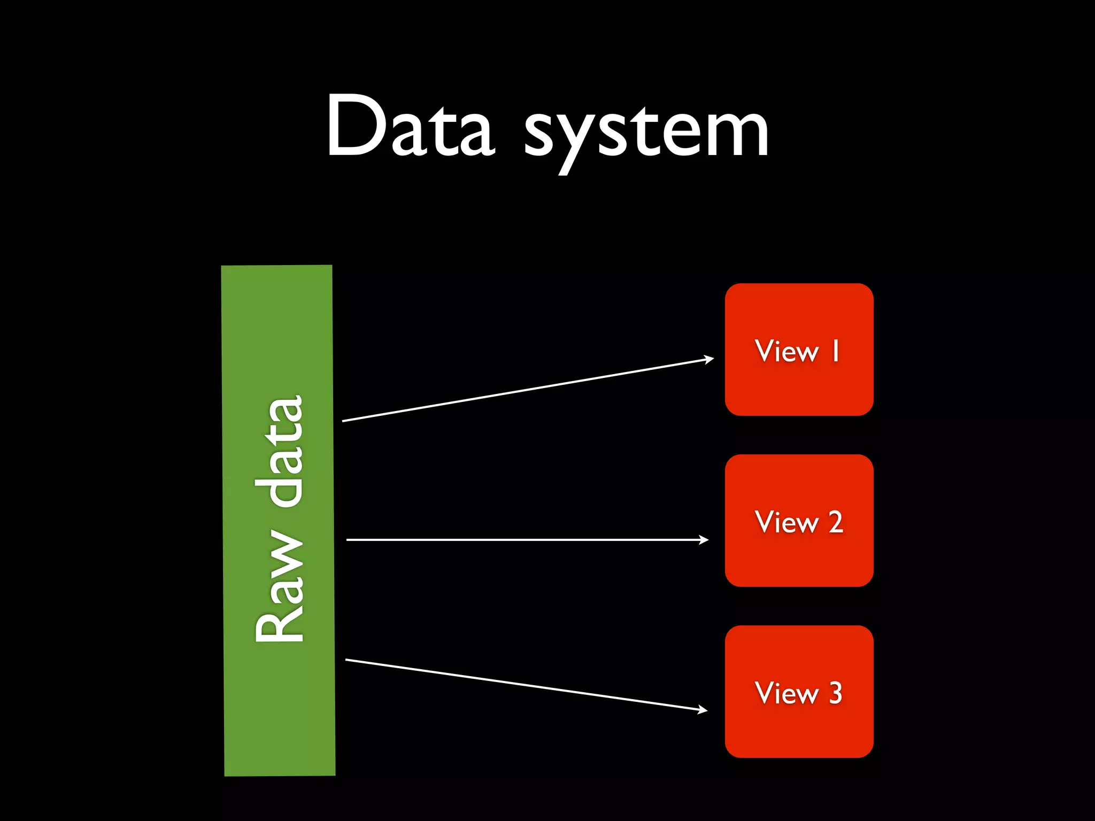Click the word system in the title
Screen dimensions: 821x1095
[646, 131]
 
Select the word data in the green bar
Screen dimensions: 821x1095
[283, 452]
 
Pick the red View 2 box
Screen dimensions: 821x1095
[799, 556]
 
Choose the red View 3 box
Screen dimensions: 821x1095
[799, 727]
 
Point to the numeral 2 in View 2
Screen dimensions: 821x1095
[836, 522]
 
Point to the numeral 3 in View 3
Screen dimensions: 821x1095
[836, 693]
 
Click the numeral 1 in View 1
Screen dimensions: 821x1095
[835, 351]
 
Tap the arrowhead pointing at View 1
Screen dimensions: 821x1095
[710, 359]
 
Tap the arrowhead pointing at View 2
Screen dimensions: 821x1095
[704, 540]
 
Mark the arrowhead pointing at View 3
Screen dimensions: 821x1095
[703, 710]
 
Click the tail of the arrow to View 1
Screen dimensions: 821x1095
[344, 421]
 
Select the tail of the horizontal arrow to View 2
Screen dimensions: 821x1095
[349, 540]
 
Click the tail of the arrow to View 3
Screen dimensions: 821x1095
[348, 660]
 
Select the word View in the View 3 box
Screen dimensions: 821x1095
[786, 693]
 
